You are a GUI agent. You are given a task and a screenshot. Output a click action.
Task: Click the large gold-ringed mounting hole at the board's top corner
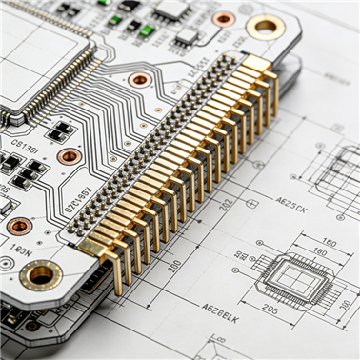[265, 27]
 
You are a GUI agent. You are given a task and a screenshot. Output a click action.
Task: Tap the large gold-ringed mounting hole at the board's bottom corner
[40, 275]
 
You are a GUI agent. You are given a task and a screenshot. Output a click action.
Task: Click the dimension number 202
[226, 203]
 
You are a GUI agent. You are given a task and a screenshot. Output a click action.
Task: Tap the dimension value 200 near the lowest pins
[174, 266]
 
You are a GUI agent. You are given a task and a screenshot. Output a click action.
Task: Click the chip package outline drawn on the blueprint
[297, 279]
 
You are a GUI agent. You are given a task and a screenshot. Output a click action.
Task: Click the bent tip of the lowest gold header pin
[117, 288]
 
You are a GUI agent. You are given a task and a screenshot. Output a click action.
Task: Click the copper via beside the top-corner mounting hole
[224, 18]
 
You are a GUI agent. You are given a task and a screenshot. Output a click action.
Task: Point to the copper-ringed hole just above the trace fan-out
[140, 79]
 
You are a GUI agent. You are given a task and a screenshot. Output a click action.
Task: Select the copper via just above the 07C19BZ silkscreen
[69, 156]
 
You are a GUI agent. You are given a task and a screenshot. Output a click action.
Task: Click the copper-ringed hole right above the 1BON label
[19, 226]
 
